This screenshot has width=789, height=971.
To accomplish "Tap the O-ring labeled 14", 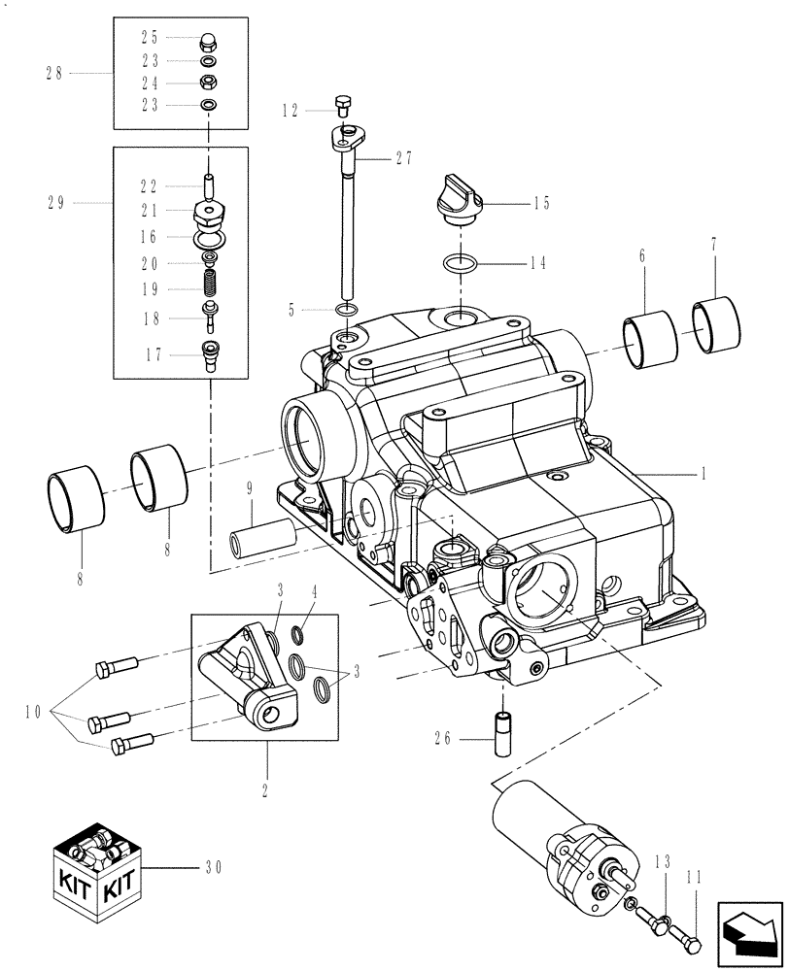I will (460, 263).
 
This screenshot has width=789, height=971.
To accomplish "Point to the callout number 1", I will (703, 475).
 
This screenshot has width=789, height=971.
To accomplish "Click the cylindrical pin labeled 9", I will (261, 538).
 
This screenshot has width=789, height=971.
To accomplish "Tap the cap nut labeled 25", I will (208, 40).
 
